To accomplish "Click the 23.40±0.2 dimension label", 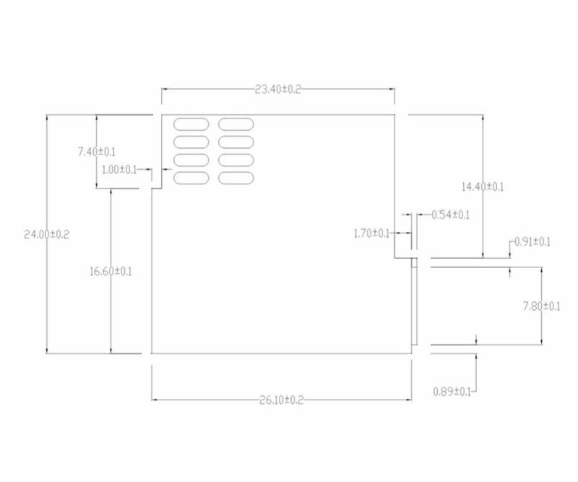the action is [x=278, y=89].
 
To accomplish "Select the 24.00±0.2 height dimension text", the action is [x=46, y=235].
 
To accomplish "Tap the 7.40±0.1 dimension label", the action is [x=97, y=152].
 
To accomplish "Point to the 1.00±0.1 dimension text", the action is [x=119, y=170].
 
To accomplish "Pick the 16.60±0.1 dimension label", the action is [x=111, y=272].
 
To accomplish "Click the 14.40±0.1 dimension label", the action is [x=483, y=186].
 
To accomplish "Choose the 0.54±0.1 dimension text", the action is [x=450, y=215].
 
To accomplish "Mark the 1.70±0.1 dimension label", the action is [x=371, y=233].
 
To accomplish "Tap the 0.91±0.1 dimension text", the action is [x=532, y=242].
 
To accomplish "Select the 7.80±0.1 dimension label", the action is [x=541, y=306].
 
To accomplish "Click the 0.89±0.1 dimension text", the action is [x=452, y=391].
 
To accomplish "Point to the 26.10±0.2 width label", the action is [x=282, y=400].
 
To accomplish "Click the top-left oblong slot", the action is [x=191, y=124].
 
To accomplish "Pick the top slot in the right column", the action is [x=236, y=124].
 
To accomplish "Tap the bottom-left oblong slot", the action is [x=191, y=178].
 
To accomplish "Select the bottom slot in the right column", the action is [x=236, y=178].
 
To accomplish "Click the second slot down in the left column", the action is [x=191, y=142].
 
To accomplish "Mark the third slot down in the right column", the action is [x=236, y=160].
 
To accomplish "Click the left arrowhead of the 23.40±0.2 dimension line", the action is [x=165, y=89].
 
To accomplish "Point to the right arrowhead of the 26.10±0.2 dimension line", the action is [x=408, y=400].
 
